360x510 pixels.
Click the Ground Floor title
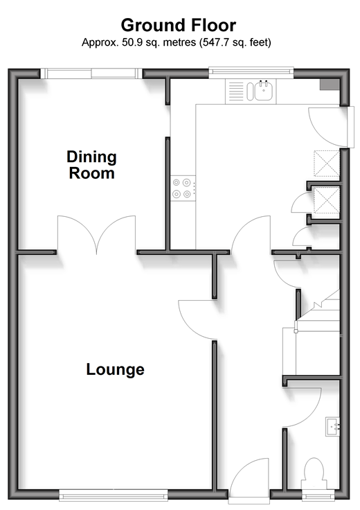coord(179,26)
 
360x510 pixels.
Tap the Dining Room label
coord(91,165)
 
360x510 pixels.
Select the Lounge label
coord(116,369)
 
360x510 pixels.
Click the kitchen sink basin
coord(264,91)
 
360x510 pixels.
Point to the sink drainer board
coord(235,91)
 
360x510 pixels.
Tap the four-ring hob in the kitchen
coord(182,188)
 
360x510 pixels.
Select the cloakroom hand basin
coord(332,426)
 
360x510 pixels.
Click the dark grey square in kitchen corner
coord(330,85)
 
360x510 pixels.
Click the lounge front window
coord(114,495)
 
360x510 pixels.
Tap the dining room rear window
coord(91,73)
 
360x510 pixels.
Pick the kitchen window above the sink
coord(251,72)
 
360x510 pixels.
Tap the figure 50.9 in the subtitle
coord(132,42)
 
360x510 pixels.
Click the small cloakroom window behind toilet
coord(318,495)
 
